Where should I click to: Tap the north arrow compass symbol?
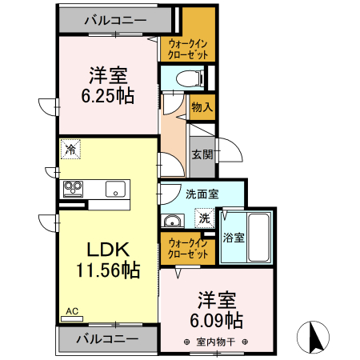click(314, 336)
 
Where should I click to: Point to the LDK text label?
click(102, 249)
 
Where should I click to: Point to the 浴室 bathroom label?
click(234, 237)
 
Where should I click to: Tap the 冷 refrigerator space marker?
click(70, 149)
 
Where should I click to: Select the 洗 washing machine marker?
click(204, 218)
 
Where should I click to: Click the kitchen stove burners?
click(74, 190)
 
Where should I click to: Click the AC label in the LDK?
click(70, 310)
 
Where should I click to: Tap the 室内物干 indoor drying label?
click(212, 342)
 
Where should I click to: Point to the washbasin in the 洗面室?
click(171, 221)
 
